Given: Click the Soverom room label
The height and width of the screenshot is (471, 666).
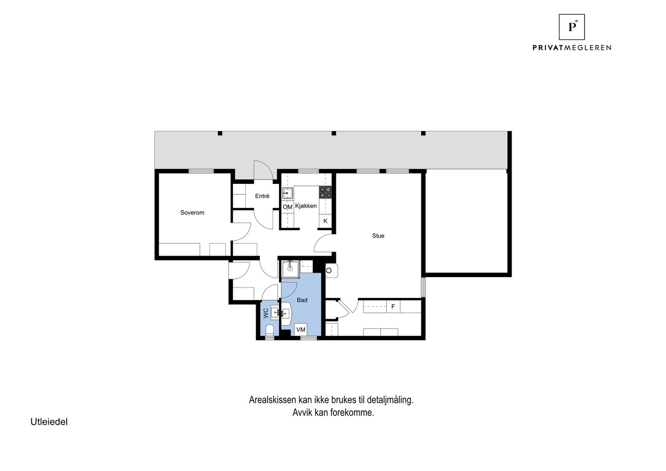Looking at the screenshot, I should pyautogui.click(x=192, y=213).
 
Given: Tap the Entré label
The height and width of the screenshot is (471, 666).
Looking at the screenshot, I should pyautogui.click(x=262, y=196).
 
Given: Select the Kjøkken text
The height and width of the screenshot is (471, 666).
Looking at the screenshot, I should pyautogui.click(x=306, y=206).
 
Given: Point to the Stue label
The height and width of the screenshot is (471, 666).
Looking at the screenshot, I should pyautogui.click(x=378, y=236).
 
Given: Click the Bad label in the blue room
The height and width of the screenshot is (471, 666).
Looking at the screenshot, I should pyautogui.click(x=302, y=300).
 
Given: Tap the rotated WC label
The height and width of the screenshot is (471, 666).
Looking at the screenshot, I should pyautogui.click(x=266, y=313).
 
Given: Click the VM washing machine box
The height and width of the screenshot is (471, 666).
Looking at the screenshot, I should pyautogui.click(x=301, y=330).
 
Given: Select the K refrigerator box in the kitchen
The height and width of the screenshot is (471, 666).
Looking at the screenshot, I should pyautogui.click(x=325, y=221).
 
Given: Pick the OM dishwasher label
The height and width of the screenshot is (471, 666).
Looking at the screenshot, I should pyautogui.click(x=287, y=207).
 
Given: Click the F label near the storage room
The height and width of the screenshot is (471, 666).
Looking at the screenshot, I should pyautogui.click(x=393, y=307).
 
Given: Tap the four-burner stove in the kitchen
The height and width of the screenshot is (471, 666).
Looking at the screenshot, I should pyautogui.click(x=325, y=192).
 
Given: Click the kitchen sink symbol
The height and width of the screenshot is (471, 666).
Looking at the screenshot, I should pyautogui.click(x=288, y=193).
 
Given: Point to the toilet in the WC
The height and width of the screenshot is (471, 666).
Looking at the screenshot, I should pyautogui.click(x=269, y=330).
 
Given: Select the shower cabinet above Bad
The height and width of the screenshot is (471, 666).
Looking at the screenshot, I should pyautogui.click(x=290, y=269).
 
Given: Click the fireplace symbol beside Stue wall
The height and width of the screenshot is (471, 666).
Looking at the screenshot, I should pyautogui.click(x=331, y=270).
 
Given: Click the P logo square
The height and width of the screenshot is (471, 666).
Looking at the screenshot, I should pyautogui.click(x=572, y=27).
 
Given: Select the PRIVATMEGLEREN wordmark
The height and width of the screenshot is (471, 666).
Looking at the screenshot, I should pyautogui.click(x=572, y=48).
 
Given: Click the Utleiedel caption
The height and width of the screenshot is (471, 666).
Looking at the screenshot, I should pyautogui.click(x=49, y=422).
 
